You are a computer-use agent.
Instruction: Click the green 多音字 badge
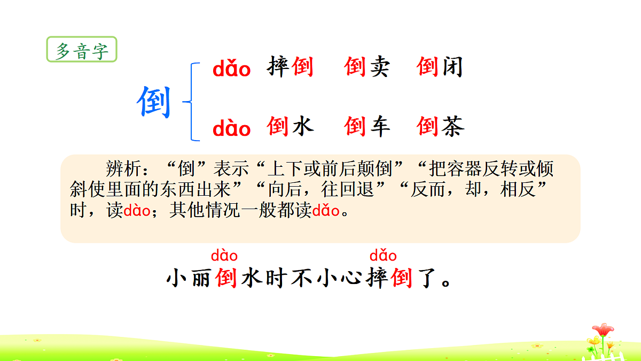click(82, 51)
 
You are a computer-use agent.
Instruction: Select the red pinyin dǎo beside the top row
click(231, 69)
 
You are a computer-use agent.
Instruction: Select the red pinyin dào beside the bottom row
click(231, 129)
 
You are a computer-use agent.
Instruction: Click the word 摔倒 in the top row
click(290, 67)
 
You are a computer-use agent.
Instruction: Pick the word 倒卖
click(367, 67)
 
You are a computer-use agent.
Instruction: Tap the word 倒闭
click(440, 67)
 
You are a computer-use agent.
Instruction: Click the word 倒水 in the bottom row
click(290, 126)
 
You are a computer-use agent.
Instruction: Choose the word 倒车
click(367, 126)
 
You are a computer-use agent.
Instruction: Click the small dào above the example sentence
click(224, 256)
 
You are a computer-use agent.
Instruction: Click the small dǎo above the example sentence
click(383, 256)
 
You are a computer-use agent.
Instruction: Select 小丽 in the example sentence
click(189, 279)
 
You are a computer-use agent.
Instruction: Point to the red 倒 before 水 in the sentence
click(226, 279)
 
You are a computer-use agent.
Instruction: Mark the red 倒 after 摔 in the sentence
click(402, 279)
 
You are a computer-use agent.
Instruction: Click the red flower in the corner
click(603, 330)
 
